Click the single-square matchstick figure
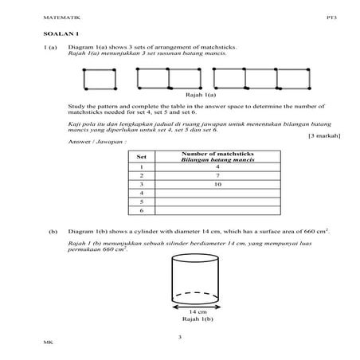click(x=100, y=79)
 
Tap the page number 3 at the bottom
click(x=180, y=338)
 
